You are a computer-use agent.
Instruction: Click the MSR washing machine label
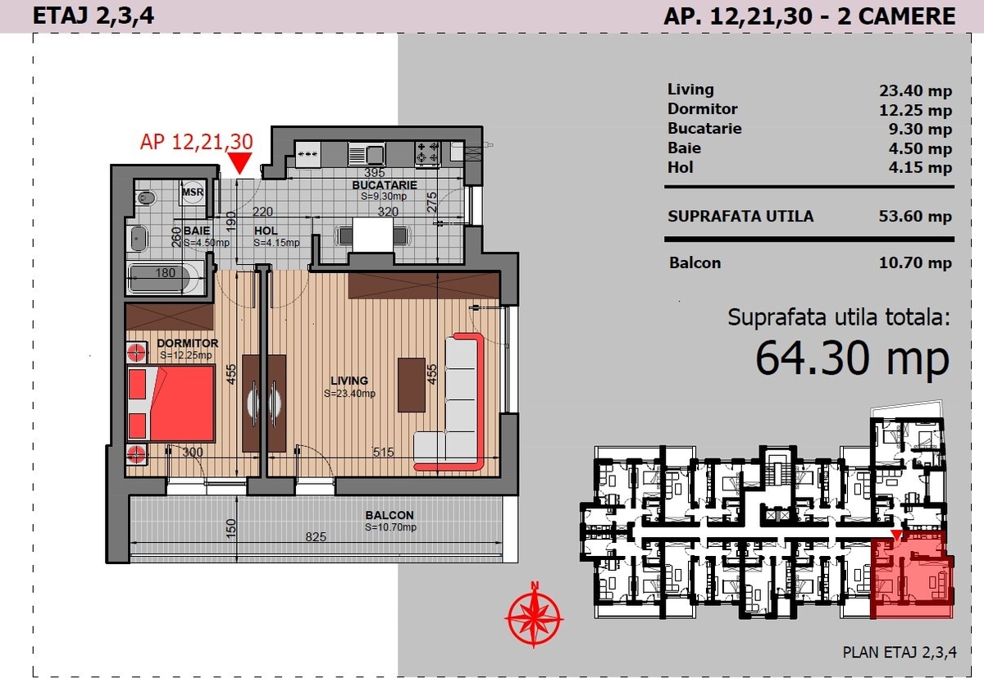click(x=193, y=192)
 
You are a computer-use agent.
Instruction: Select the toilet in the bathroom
click(x=145, y=198)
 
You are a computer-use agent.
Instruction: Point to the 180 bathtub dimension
click(x=165, y=273)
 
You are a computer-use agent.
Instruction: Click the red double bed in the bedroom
click(x=171, y=403)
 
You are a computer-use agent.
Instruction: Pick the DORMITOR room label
click(x=187, y=343)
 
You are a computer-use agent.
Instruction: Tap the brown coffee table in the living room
click(x=412, y=385)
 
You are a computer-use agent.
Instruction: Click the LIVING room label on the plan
click(x=349, y=380)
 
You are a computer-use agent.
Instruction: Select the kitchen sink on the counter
click(x=367, y=154)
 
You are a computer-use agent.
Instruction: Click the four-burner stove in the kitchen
click(x=427, y=153)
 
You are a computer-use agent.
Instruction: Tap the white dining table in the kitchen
click(x=373, y=235)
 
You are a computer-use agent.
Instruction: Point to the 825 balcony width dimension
click(x=316, y=536)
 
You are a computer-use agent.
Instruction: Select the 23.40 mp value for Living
click(x=915, y=91)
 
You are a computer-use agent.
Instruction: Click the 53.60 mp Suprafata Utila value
click(x=915, y=216)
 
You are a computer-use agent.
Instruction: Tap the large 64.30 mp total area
click(x=852, y=358)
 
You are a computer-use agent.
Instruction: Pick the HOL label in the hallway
click(x=266, y=230)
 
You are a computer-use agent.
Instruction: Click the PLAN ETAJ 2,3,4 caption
click(x=900, y=652)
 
